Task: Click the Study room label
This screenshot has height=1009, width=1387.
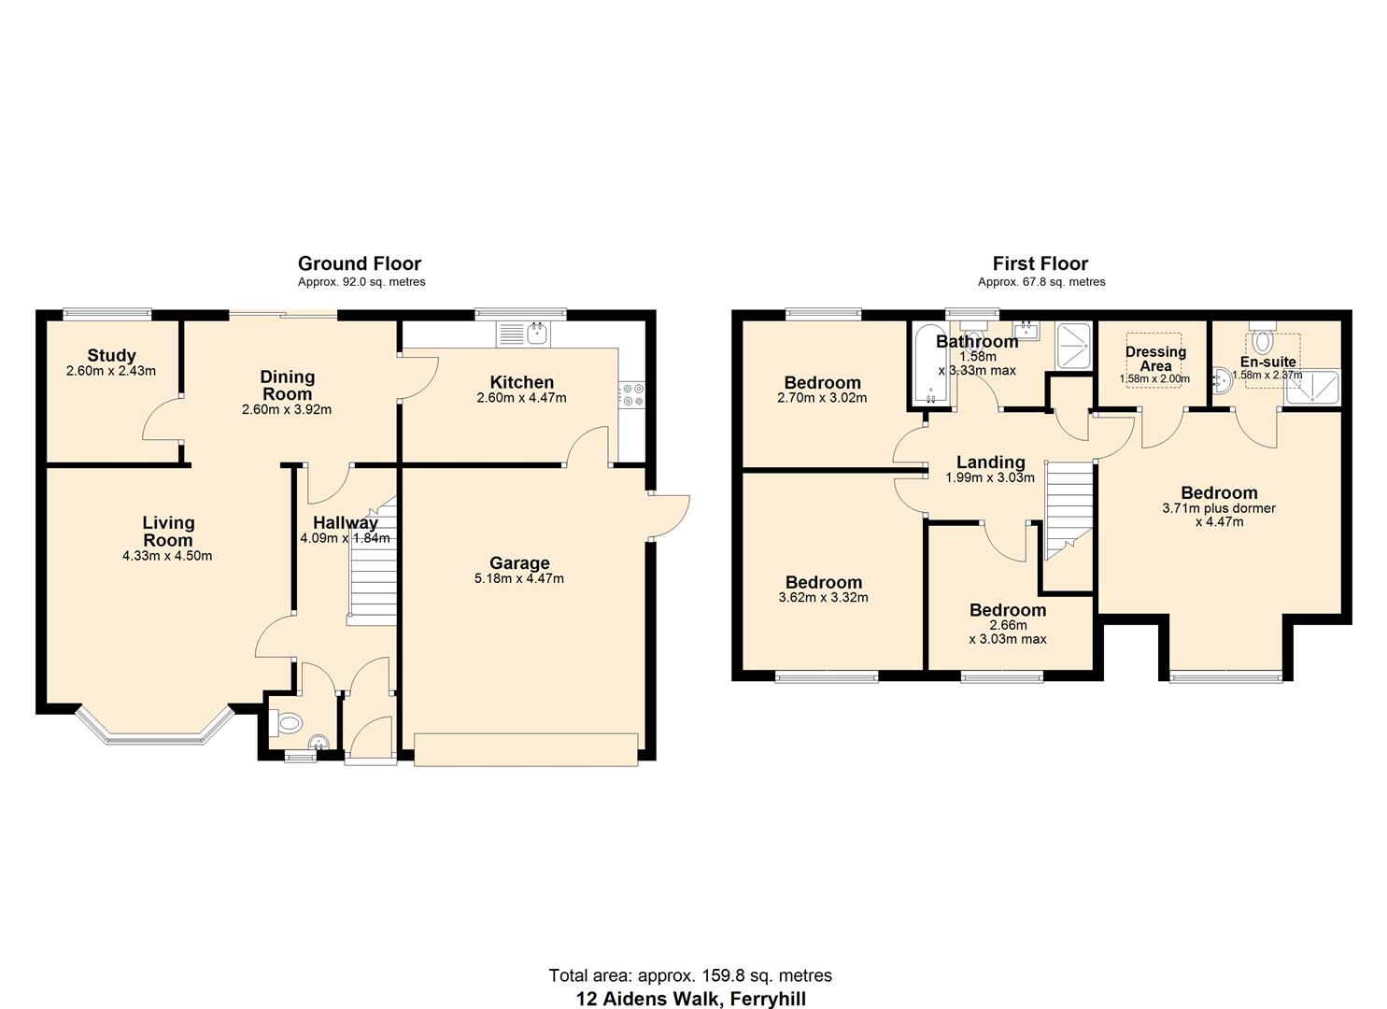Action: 111,355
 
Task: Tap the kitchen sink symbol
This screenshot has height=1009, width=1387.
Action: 526,334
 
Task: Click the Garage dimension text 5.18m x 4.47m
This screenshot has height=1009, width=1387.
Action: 518,578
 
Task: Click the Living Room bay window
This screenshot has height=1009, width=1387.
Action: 154,729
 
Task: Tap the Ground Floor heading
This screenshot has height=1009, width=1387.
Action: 359,263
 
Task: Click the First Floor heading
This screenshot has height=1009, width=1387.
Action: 1040,263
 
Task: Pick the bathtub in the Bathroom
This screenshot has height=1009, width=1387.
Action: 930,364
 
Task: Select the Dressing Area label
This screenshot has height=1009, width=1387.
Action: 1155,359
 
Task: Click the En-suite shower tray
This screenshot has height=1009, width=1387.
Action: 1312,389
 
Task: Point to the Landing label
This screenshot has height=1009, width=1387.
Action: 990,462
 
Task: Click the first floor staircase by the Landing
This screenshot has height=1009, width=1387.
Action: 1068,510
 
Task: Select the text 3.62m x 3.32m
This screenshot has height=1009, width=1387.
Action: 823,597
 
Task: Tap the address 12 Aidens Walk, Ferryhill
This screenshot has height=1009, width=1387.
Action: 690,999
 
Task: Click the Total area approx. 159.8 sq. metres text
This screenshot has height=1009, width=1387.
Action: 690,975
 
